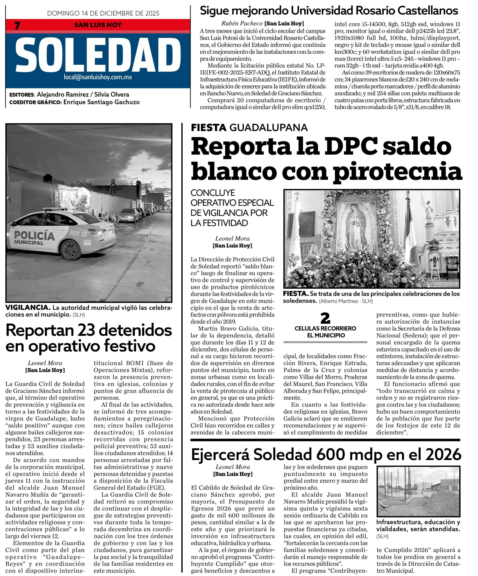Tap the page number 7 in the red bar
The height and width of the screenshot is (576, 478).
[17, 25]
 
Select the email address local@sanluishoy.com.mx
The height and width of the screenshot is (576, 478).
[98, 77]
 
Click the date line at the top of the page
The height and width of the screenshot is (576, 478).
[103, 13]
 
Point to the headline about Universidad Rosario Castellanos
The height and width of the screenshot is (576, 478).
[329, 11]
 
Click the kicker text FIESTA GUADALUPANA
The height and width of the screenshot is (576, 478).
[249, 128]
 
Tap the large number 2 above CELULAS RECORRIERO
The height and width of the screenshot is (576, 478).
[325, 318]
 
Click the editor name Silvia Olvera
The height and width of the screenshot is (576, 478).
[111, 95]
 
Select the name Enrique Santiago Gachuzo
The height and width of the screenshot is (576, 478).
[101, 102]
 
